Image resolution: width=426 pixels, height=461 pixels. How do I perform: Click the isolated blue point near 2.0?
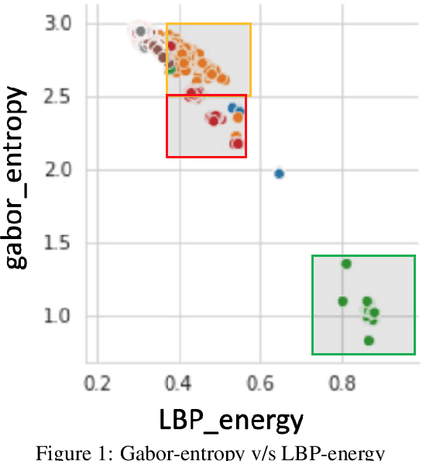tap(279, 173)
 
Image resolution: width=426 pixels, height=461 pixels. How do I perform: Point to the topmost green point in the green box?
tap(346, 264)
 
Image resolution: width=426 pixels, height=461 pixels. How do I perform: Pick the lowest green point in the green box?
tap(369, 341)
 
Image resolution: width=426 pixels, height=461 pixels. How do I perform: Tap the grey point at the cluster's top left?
tap(140, 32)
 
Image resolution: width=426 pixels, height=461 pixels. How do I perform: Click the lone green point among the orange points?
tap(172, 68)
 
